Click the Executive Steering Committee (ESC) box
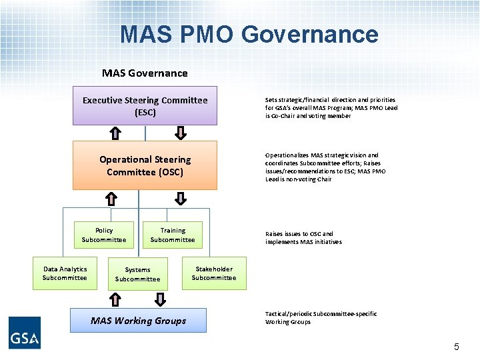pyautogui.click(x=145, y=106)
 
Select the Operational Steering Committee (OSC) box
pyautogui.click(x=145, y=165)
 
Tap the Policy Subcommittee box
pyautogui.click(x=104, y=235)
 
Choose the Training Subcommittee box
pyautogui.click(x=173, y=235)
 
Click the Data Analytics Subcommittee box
pyautogui.click(x=65, y=273)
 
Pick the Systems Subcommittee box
pyautogui.click(x=137, y=274)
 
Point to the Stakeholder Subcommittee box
pyautogui.click(x=214, y=273)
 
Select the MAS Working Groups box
pyautogui.click(x=139, y=321)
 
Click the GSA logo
pyautogui.click(x=25, y=332)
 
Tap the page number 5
pyautogui.click(x=457, y=347)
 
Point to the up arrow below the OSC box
pyautogui.click(x=111, y=198)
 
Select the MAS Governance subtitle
pyautogui.click(x=145, y=73)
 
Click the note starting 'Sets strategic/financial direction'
pyautogui.click(x=331, y=107)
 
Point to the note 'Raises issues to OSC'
pyautogui.click(x=303, y=238)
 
